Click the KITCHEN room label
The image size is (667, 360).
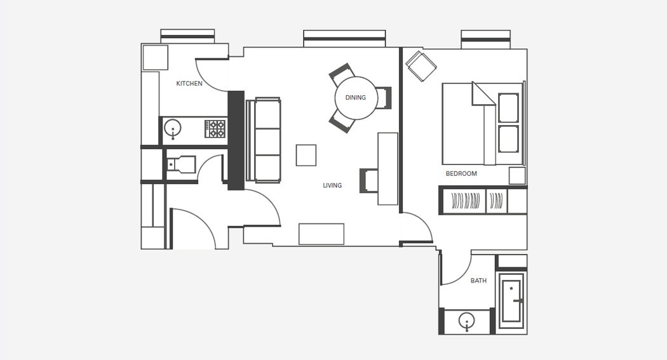click(189, 84)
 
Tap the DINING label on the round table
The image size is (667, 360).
click(356, 98)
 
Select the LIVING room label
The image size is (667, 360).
click(332, 185)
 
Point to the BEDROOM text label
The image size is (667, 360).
click(461, 173)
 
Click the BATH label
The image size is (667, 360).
click(478, 281)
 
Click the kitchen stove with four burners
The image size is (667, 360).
click(215, 129)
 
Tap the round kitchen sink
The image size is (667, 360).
click(173, 128)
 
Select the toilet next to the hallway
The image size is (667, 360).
click(181, 164)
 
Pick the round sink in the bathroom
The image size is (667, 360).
click(467, 321)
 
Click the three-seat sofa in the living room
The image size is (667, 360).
click(264, 140)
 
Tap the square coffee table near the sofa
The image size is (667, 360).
click(306, 155)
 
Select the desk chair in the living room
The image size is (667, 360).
click(369, 181)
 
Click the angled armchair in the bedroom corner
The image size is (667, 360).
click(421, 66)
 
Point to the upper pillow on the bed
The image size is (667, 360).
click(509, 108)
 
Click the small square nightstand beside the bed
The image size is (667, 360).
click(517, 175)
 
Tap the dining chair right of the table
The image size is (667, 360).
click(383, 98)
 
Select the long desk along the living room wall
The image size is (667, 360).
click(388, 169)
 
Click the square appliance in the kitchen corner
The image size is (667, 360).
click(155, 57)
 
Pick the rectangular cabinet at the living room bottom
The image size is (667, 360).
click(321, 234)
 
